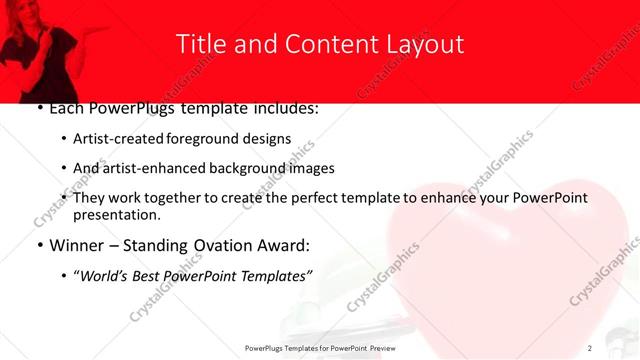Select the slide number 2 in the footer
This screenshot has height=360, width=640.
click(x=590, y=348)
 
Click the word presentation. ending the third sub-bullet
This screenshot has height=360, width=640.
click(x=116, y=215)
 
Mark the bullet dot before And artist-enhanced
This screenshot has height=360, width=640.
click(x=64, y=169)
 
